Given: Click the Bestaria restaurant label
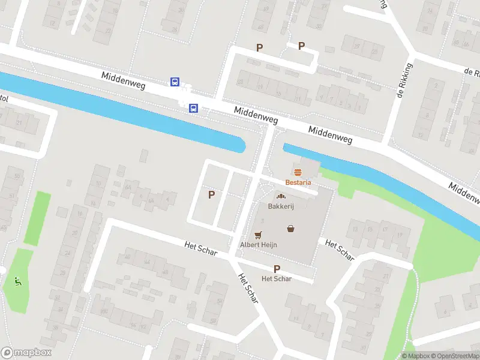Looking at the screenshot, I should click(298, 182).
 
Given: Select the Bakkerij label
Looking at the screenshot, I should click(280, 206).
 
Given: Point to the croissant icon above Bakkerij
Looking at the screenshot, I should click(280, 196).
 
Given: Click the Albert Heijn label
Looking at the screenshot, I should click(257, 245).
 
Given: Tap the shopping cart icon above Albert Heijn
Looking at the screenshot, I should click(259, 235).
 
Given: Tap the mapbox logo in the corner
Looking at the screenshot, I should click(26, 353).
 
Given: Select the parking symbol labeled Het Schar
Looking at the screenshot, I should click(277, 269).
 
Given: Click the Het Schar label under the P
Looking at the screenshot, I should click(277, 279).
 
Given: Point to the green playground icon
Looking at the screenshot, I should click(17, 280).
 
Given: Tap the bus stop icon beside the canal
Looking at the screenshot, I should click(193, 109).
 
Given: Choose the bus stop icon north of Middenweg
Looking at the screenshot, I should click(175, 82).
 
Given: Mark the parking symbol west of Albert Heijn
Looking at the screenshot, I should click(211, 194).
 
